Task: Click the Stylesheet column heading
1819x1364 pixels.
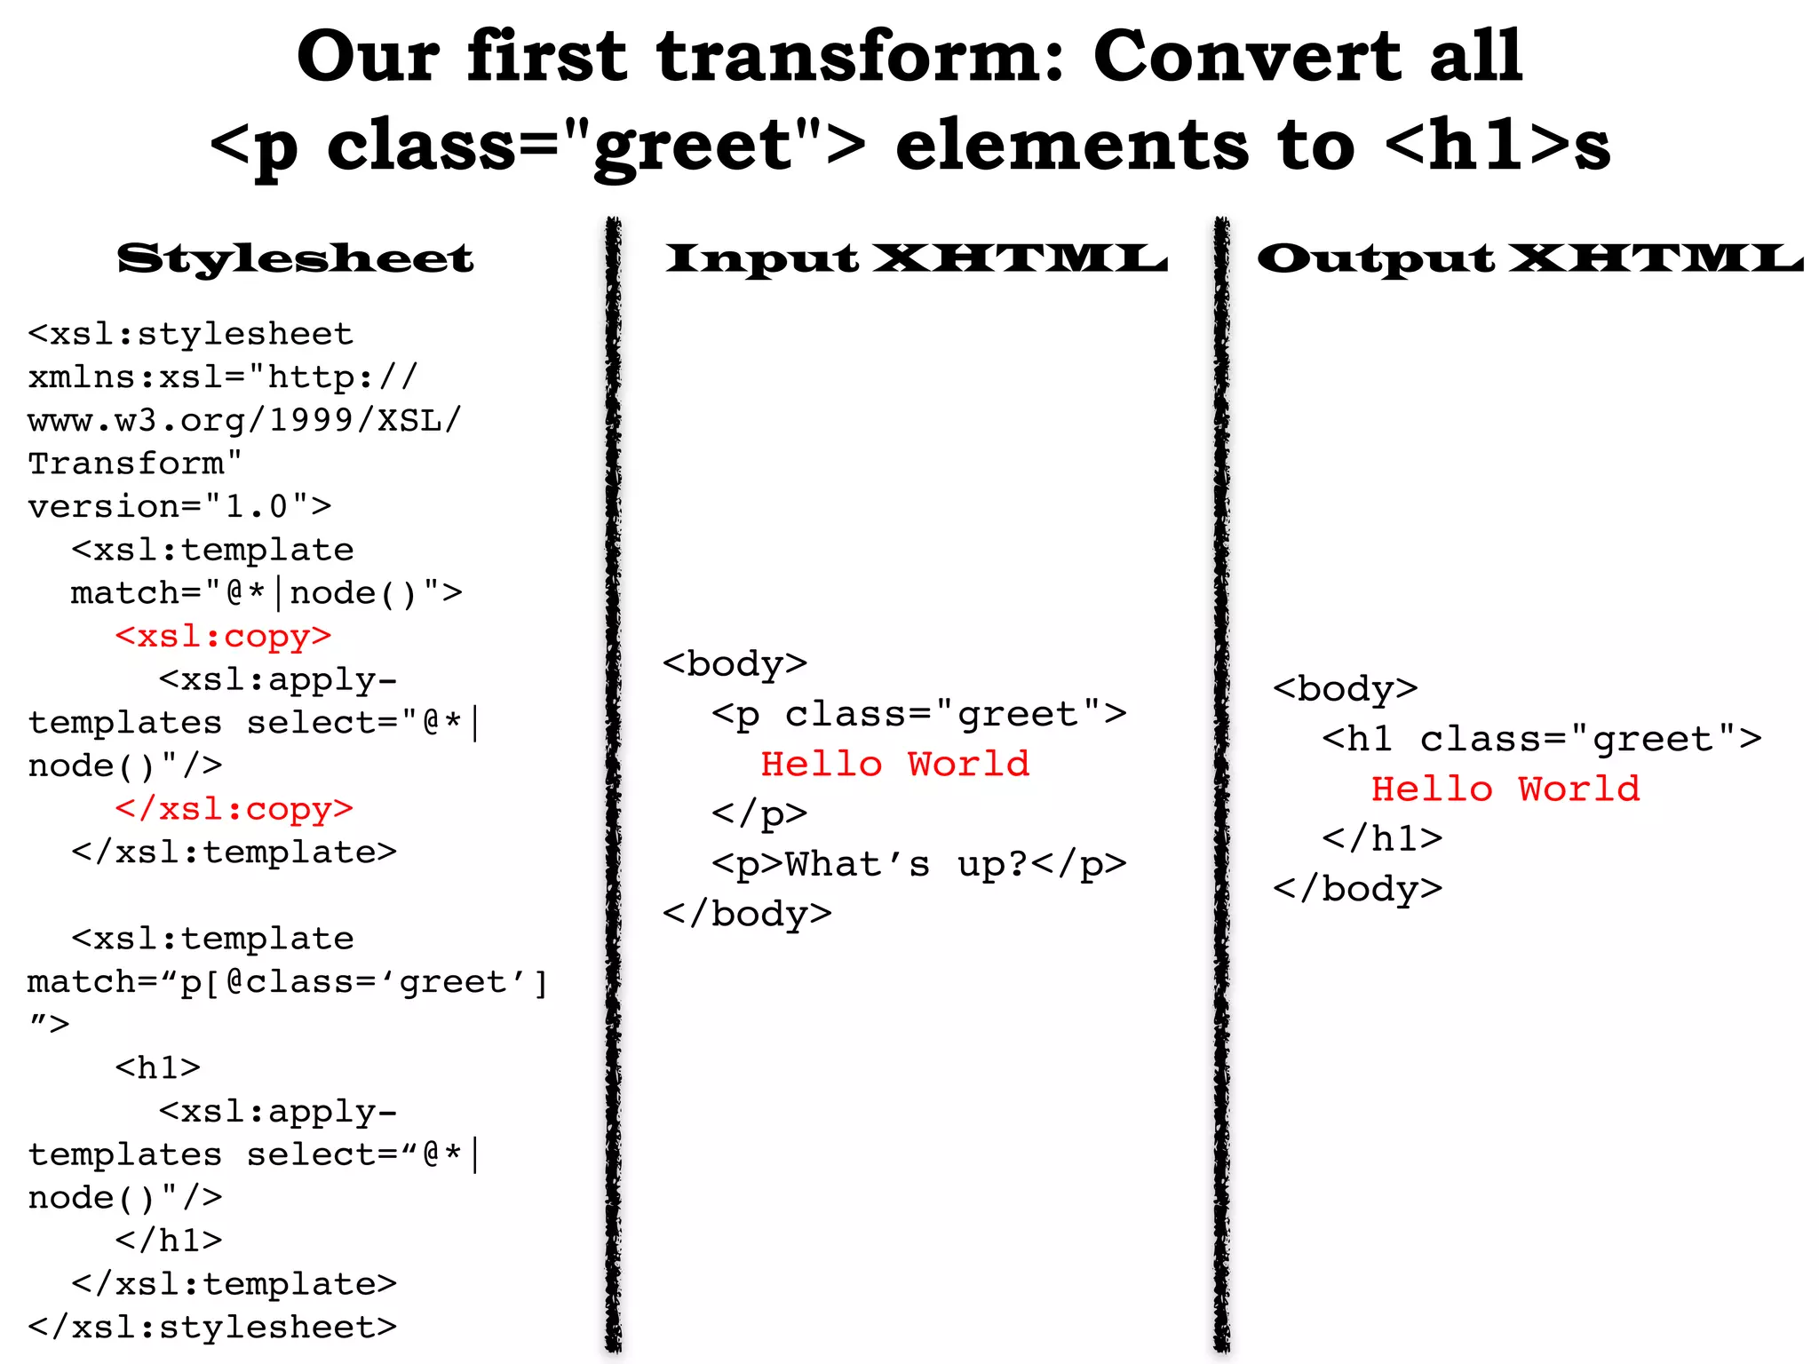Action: (x=295, y=258)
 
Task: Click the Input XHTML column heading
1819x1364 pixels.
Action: (x=916, y=258)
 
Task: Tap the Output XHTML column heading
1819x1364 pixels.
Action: (x=1529, y=258)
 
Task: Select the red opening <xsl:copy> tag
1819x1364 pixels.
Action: (x=223, y=636)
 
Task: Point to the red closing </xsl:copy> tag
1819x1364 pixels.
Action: (x=234, y=809)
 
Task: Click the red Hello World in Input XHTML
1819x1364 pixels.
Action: (x=894, y=764)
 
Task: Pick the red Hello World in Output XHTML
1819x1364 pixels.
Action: (x=1505, y=789)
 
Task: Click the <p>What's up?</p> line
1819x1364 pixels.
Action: (x=918, y=864)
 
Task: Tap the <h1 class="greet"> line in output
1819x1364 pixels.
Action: (x=1541, y=739)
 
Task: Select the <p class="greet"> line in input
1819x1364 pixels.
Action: (x=918, y=714)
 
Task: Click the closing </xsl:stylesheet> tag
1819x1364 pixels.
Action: (x=212, y=1327)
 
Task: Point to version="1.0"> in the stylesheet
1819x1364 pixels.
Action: (x=179, y=506)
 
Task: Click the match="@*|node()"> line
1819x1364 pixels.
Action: (x=266, y=592)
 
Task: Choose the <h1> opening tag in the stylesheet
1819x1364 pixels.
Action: (x=157, y=1067)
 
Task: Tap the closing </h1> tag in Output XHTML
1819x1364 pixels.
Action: (x=1381, y=838)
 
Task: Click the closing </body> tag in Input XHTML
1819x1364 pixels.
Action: (x=747, y=914)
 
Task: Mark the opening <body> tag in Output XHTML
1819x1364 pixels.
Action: (x=1345, y=688)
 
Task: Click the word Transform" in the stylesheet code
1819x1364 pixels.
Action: (x=135, y=463)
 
